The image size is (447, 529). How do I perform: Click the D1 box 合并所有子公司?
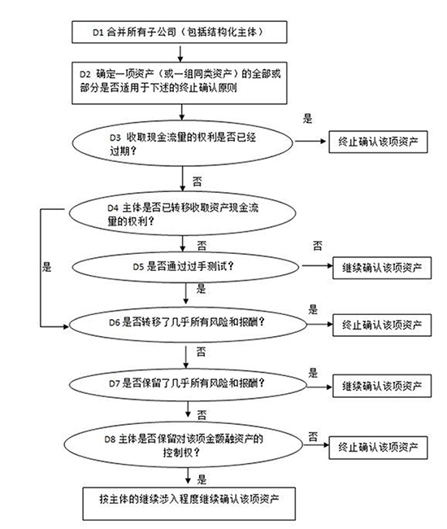pyautogui.click(x=180, y=32)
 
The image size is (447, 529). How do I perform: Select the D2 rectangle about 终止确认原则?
pyautogui.click(x=180, y=83)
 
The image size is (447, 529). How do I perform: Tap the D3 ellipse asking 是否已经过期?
pyautogui.click(x=182, y=143)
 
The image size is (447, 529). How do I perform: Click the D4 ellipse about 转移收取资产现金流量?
pyautogui.click(x=182, y=213)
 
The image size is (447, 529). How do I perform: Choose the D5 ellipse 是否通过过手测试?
pyautogui.click(x=185, y=267)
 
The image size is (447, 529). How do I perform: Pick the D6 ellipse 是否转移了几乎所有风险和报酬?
pyautogui.click(x=188, y=324)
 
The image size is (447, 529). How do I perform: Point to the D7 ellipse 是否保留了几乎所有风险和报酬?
pyautogui.click(x=188, y=385)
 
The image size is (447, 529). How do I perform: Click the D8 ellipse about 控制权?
pyautogui.click(x=184, y=444)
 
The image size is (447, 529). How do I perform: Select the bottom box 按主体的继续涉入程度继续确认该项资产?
pyautogui.click(x=189, y=503)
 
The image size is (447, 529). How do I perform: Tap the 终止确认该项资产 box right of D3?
pyautogui.click(x=378, y=142)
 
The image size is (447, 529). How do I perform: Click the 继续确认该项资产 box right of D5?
pyautogui.click(x=382, y=268)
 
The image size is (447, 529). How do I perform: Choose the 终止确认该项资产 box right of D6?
pyautogui.click(x=382, y=325)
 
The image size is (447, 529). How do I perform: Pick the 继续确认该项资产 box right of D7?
pyautogui.click(x=382, y=386)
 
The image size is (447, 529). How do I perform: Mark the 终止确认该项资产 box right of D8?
pyautogui.click(x=378, y=448)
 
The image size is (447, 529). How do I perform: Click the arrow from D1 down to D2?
pyautogui.click(x=180, y=53)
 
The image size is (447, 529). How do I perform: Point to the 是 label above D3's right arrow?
pyautogui.click(x=307, y=119)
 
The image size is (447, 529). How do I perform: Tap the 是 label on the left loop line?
pyautogui.click(x=47, y=267)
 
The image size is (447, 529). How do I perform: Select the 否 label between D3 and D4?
pyautogui.click(x=197, y=181)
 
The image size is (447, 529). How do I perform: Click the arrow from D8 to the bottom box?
pyautogui.click(x=188, y=478)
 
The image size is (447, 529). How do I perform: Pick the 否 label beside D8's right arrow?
pyautogui.click(x=313, y=437)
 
